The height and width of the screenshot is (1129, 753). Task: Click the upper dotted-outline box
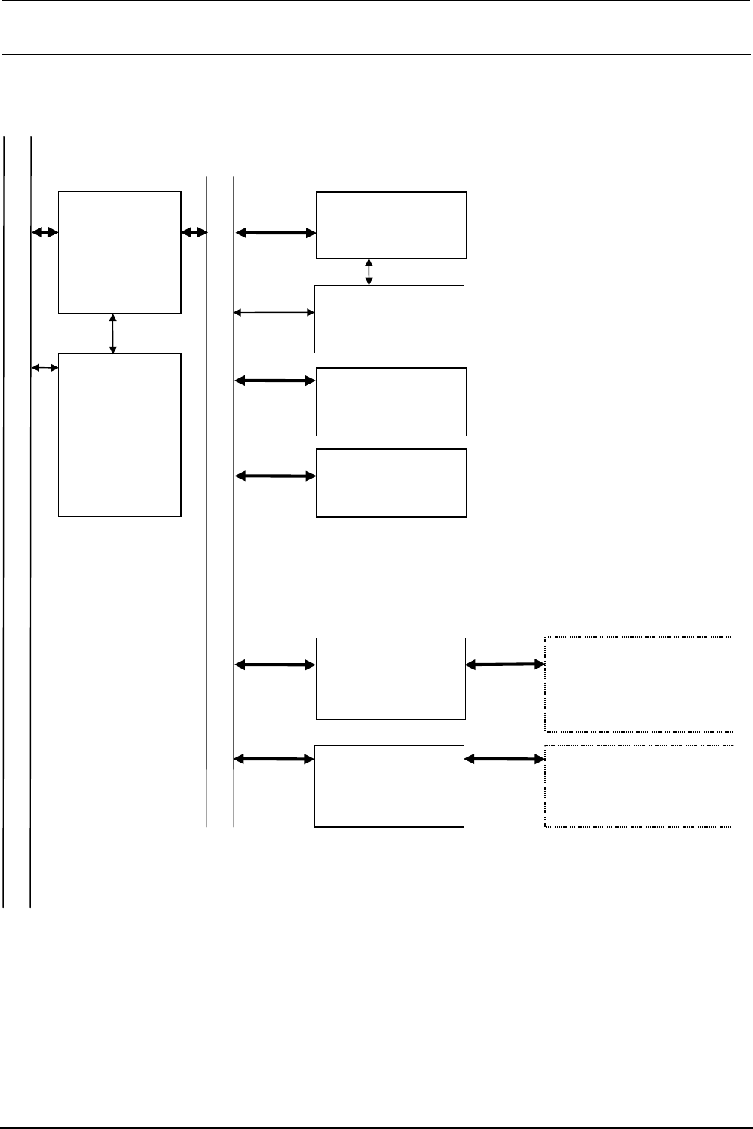point(639,684)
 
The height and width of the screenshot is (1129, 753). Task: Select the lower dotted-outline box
point(639,786)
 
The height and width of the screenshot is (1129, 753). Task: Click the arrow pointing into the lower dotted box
point(504,759)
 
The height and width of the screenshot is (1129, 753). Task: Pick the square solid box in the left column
point(120,252)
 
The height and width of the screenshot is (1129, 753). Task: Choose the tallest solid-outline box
point(120,435)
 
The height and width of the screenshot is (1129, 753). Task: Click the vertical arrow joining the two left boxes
point(113,333)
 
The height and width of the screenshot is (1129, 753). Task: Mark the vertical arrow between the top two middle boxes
point(369,272)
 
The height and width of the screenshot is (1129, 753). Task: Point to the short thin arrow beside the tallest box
point(45,367)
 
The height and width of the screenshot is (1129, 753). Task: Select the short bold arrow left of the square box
point(45,234)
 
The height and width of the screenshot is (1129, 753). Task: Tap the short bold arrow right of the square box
point(194,234)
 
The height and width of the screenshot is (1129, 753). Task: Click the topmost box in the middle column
point(391,225)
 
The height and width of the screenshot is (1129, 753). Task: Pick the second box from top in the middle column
point(389,319)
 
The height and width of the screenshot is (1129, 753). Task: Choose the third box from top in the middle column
point(391,402)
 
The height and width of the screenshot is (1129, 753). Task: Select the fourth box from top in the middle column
point(391,483)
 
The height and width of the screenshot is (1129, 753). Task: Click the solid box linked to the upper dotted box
point(390,678)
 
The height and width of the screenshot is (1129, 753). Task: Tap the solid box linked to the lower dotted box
point(389,786)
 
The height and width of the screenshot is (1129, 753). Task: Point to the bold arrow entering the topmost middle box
point(276,234)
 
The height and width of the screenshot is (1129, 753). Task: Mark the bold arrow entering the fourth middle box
point(276,476)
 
